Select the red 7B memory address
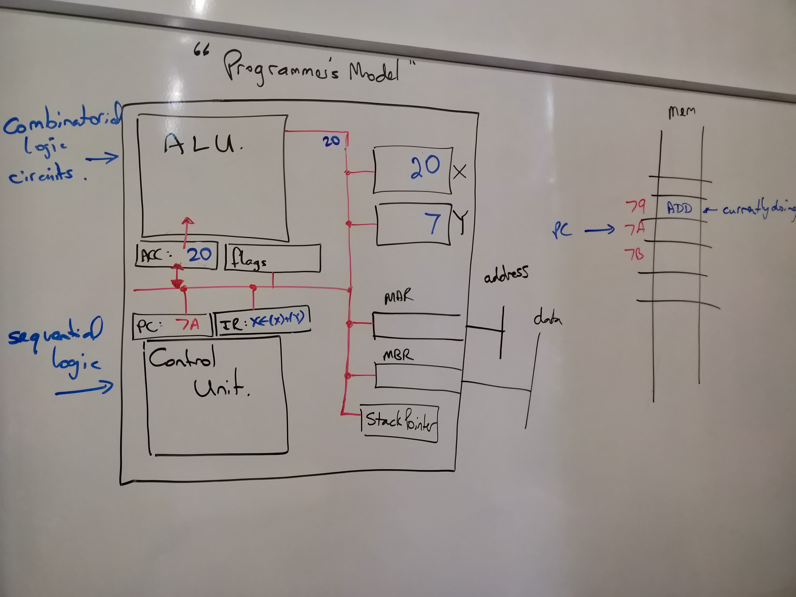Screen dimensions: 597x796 click(634, 254)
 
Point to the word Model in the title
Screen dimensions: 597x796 click(374, 72)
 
